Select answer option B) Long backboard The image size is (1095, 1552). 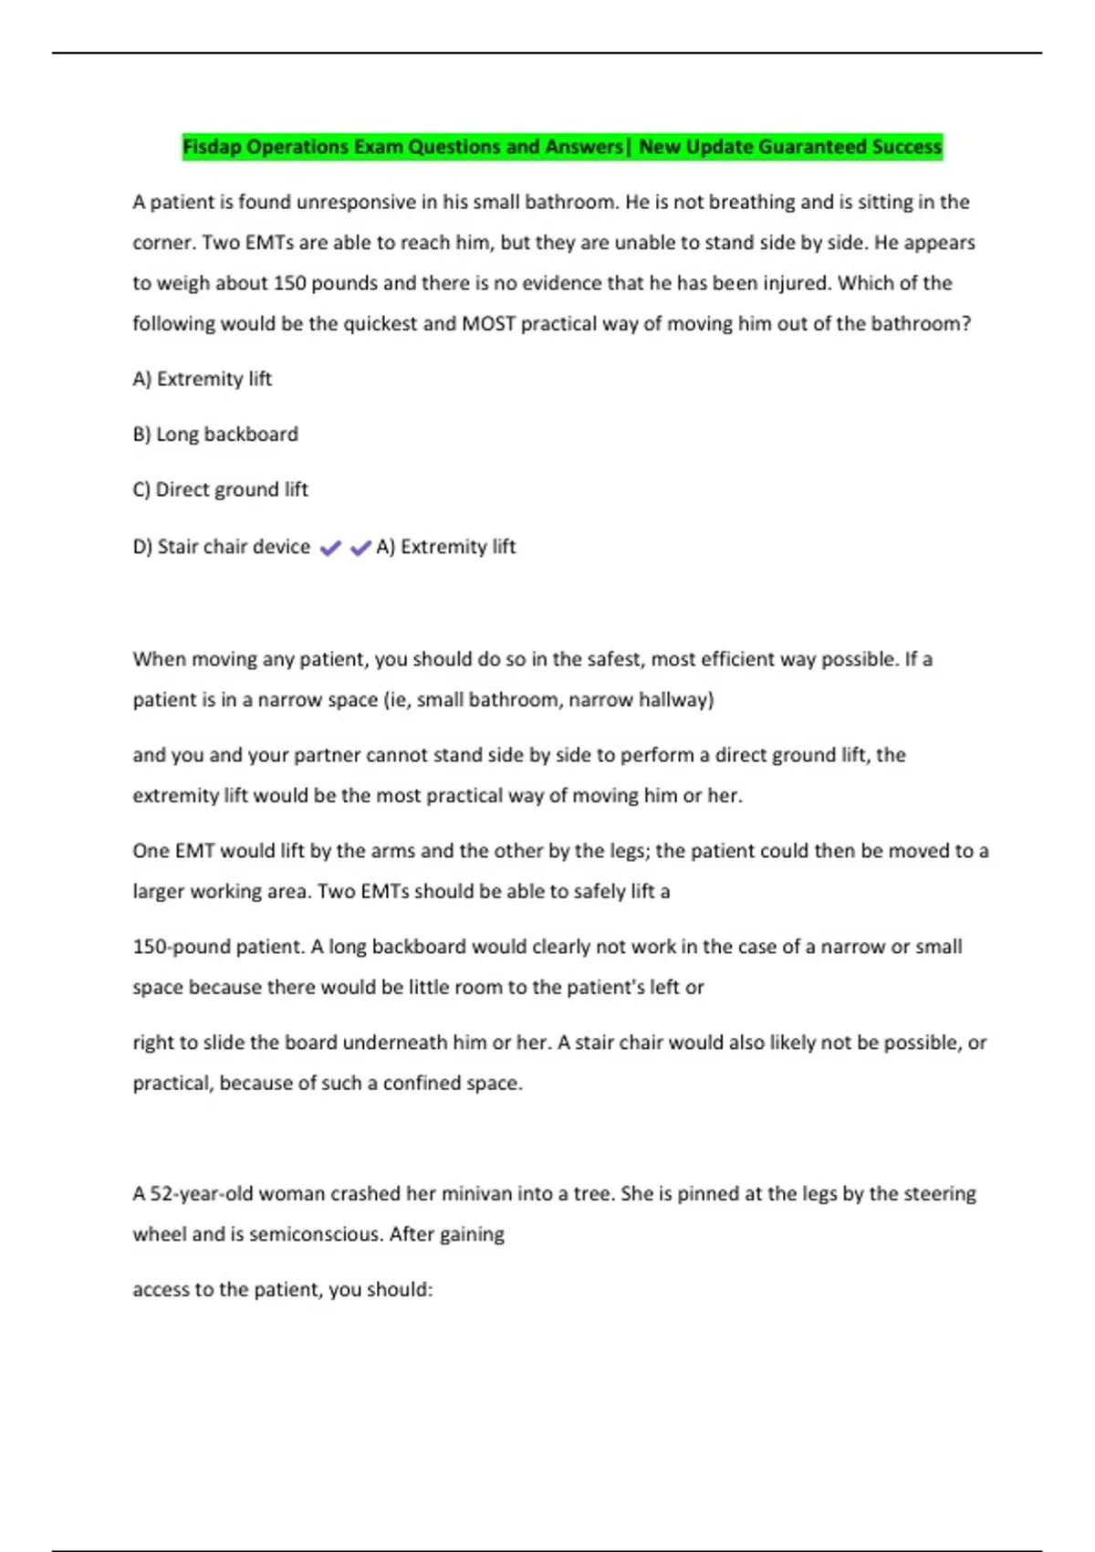click(x=215, y=435)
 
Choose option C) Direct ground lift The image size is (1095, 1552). click(x=221, y=490)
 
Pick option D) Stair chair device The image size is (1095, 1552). click(x=222, y=547)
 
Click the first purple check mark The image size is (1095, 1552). click(x=330, y=548)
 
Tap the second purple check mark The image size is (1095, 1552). click(x=360, y=548)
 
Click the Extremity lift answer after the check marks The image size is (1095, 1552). click(x=446, y=547)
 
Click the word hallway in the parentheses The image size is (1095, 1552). click(x=673, y=700)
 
